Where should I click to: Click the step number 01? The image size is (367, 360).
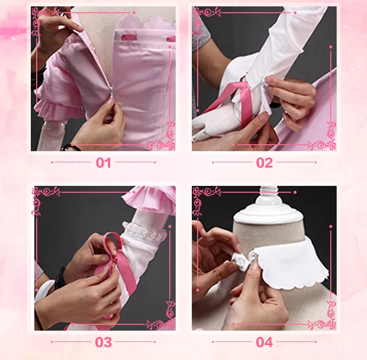coord(103,162)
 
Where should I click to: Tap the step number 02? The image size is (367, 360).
coord(264,162)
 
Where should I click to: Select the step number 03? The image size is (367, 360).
coord(103,342)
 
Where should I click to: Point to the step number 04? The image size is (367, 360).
coord(264,342)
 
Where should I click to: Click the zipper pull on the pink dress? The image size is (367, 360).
coord(111,92)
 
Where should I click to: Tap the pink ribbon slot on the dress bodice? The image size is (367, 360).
coord(129,37)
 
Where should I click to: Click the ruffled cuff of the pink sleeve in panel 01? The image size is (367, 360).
coord(59,108)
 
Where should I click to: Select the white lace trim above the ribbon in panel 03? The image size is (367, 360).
coord(143,231)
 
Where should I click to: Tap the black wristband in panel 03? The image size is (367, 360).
coord(60,278)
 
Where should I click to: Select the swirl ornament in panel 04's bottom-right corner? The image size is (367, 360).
coord(322,316)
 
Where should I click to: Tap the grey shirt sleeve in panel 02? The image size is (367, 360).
coord(201,28)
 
